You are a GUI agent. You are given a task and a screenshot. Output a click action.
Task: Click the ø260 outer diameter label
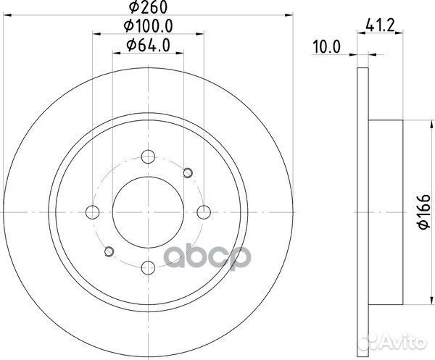click(148, 8)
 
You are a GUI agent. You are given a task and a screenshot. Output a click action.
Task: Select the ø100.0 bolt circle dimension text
click(148, 27)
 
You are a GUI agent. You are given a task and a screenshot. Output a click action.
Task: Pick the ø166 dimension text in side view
click(420, 212)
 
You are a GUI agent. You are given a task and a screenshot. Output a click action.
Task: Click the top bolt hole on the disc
click(149, 156)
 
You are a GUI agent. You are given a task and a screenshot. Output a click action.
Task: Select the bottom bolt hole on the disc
click(149, 267)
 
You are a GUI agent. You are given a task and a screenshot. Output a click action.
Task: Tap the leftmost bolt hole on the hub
click(93, 212)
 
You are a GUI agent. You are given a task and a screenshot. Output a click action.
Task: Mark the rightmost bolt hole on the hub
click(204, 212)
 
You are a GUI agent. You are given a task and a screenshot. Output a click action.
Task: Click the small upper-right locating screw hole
click(188, 172)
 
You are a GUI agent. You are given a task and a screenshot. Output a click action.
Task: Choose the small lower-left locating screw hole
click(109, 251)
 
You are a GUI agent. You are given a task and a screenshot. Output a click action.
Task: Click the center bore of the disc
click(149, 212)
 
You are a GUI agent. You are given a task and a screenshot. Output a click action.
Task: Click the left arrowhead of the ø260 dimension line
click(7, 15)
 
